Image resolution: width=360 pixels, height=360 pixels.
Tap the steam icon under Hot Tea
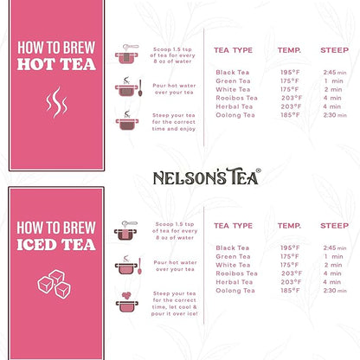pos(55,106)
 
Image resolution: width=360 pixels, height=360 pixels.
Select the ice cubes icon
pos(55,286)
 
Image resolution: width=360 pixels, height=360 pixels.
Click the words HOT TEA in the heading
pos(55,63)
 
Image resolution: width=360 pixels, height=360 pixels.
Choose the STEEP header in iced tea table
pos(334,226)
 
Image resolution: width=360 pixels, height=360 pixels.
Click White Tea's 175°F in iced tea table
pos(290,265)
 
